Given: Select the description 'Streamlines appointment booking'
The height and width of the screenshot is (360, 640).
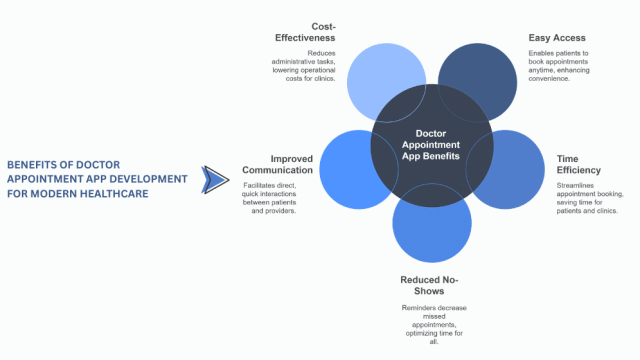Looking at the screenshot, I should pos(589,198).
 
